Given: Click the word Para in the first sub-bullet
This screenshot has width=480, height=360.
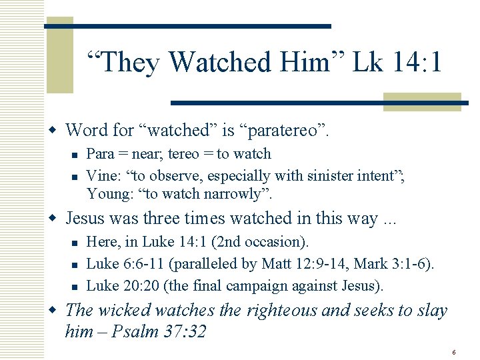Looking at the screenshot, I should pyautogui.click(x=101, y=154).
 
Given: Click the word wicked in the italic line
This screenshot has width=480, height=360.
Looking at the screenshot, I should pyautogui.click(x=120, y=310).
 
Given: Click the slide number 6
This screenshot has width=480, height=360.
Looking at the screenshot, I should pyautogui.click(x=453, y=352).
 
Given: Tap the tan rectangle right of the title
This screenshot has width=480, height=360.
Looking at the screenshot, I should pyautogui.click(x=423, y=101).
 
